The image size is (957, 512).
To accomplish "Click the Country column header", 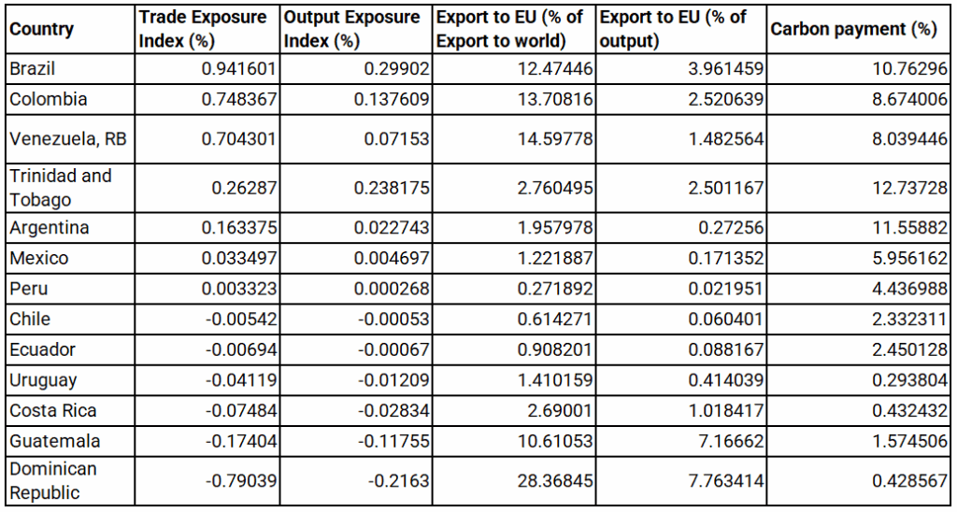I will click(41, 29).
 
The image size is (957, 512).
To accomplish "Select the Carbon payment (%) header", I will click(853, 29).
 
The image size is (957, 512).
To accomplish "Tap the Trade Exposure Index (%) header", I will click(203, 29).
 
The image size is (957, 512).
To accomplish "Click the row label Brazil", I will click(32, 68).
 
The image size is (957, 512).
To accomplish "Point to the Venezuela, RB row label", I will click(67, 139).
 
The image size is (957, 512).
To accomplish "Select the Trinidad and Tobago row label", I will click(60, 187).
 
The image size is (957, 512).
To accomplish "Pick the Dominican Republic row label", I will click(53, 480).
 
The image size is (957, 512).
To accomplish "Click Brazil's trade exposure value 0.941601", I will click(237, 69).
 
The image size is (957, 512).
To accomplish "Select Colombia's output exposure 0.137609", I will click(392, 100).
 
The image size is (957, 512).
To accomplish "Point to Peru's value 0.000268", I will click(392, 290).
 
